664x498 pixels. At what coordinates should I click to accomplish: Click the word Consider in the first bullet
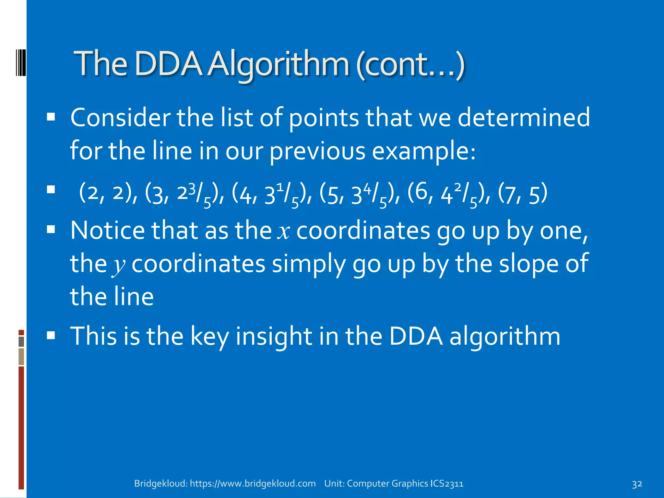121,117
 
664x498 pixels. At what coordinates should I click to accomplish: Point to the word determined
524,117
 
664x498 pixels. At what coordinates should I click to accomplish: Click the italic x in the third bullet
284,231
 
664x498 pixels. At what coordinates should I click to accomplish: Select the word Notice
108,231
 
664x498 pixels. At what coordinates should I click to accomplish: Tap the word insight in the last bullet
274,336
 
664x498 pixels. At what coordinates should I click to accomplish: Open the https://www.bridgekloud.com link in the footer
253,483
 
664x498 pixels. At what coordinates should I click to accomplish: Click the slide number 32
637,484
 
